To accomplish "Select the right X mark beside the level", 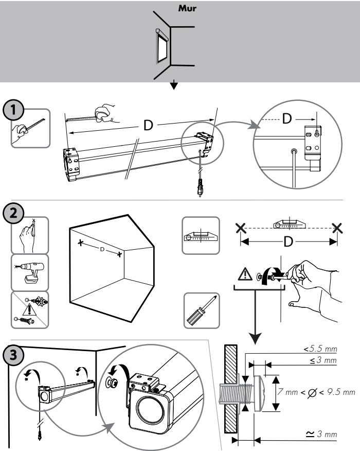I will [x=336, y=227].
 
